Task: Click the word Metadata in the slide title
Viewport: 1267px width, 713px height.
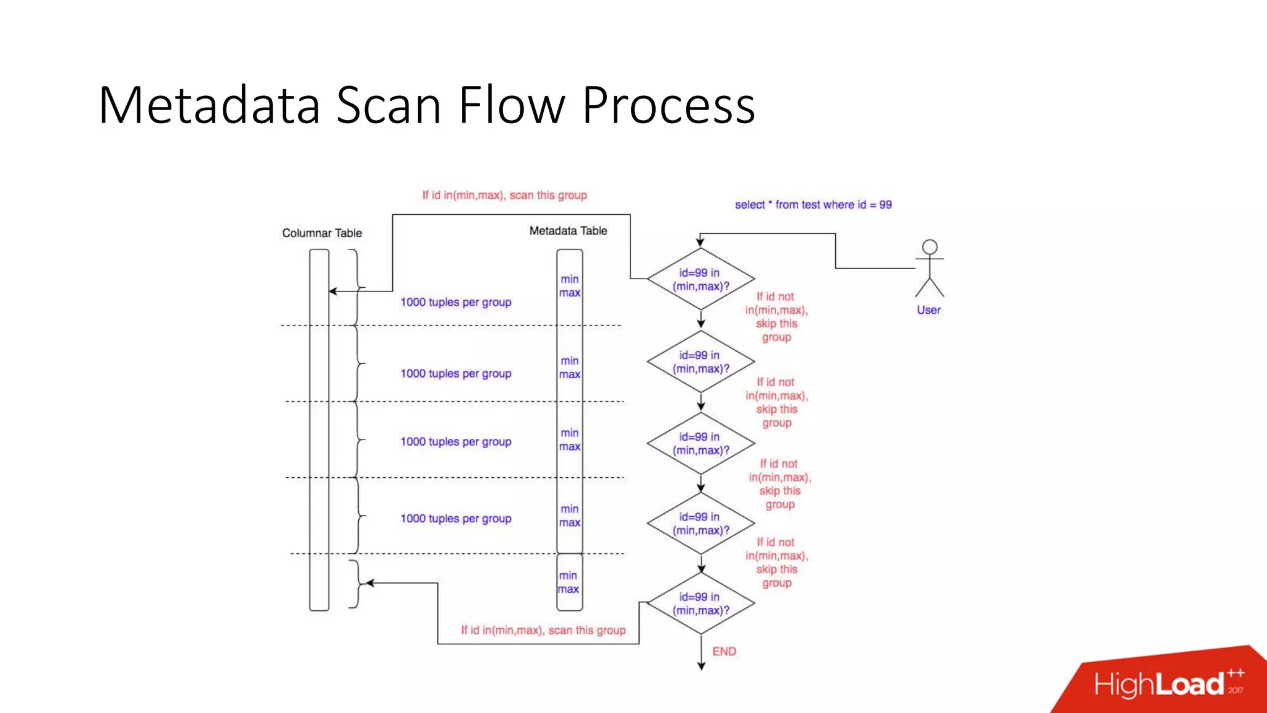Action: point(209,105)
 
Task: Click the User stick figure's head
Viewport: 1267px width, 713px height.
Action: point(929,247)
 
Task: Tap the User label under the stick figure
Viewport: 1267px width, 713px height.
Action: point(929,309)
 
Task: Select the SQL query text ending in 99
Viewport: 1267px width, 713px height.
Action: point(813,204)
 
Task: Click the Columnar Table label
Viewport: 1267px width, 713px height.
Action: point(322,233)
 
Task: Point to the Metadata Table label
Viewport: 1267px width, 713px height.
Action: point(568,230)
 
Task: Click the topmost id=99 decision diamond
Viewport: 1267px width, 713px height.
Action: point(701,279)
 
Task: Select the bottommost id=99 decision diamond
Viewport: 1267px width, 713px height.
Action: point(701,603)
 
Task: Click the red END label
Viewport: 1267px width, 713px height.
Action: point(724,651)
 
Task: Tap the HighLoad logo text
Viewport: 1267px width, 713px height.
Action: point(1159,685)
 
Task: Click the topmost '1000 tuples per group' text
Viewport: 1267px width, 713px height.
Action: point(456,302)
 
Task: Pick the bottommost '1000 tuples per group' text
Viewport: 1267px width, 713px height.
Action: point(456,518)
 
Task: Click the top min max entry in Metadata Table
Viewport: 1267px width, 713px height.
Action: point(570,286)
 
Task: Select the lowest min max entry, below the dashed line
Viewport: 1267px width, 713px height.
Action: point(569,582)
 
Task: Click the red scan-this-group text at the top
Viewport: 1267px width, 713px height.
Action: point(504,195)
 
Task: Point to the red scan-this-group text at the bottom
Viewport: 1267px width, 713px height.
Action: point(543,630)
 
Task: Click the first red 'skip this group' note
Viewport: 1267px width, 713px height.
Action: point(776,317)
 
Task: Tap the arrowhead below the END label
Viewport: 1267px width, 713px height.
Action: point(701,666)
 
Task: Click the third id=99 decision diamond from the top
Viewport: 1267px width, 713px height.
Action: point(701,443)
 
